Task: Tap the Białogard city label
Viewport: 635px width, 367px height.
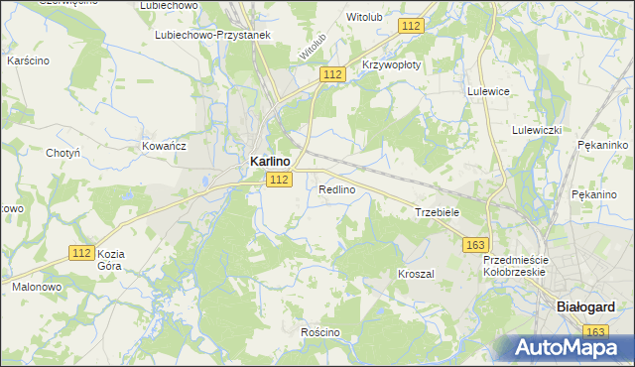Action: coord(582,307)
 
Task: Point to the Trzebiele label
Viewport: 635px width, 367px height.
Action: coord(437,212)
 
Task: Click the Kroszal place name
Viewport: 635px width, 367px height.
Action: coord(417,273)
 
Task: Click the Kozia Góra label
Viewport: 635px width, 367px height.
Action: coord(110,260)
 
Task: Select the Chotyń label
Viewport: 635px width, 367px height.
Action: coord(63,153)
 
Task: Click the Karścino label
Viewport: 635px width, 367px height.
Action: coord(29,61)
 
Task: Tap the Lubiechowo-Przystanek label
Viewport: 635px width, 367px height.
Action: coord(213,34)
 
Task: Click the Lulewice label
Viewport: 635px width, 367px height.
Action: coord(488,90)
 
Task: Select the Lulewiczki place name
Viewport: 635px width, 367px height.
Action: coord(538,130)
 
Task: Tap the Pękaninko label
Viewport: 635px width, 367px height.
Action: coord(603,145)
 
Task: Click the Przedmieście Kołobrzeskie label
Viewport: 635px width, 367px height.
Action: coord(515,265)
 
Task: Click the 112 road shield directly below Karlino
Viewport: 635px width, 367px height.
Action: coord(279,179)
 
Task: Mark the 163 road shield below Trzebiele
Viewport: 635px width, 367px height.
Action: coord(476,244)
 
